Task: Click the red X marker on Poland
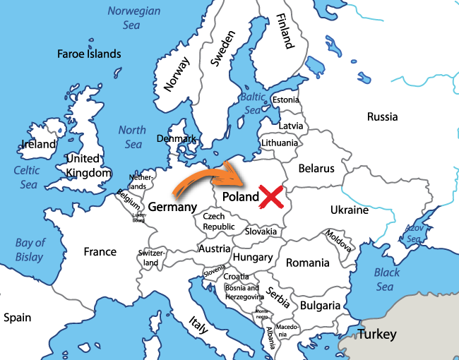click(272, 196)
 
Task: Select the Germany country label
click(172, 208)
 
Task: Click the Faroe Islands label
click(89, 54)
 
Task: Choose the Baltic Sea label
click(253, 103)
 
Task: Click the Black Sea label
click(386, 280)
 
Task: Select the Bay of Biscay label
click(30, 250)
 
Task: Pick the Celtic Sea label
click(28, 177)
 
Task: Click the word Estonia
click(285, 100)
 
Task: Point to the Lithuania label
click(280, 143)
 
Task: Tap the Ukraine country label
click(350, 210)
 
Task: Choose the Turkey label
click(376, 334)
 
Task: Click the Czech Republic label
click(219, 222)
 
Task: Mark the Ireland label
click(38, 144)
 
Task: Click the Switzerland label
click(150, 258)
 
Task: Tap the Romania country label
click(307, 263)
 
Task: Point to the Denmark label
click(176, 139)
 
